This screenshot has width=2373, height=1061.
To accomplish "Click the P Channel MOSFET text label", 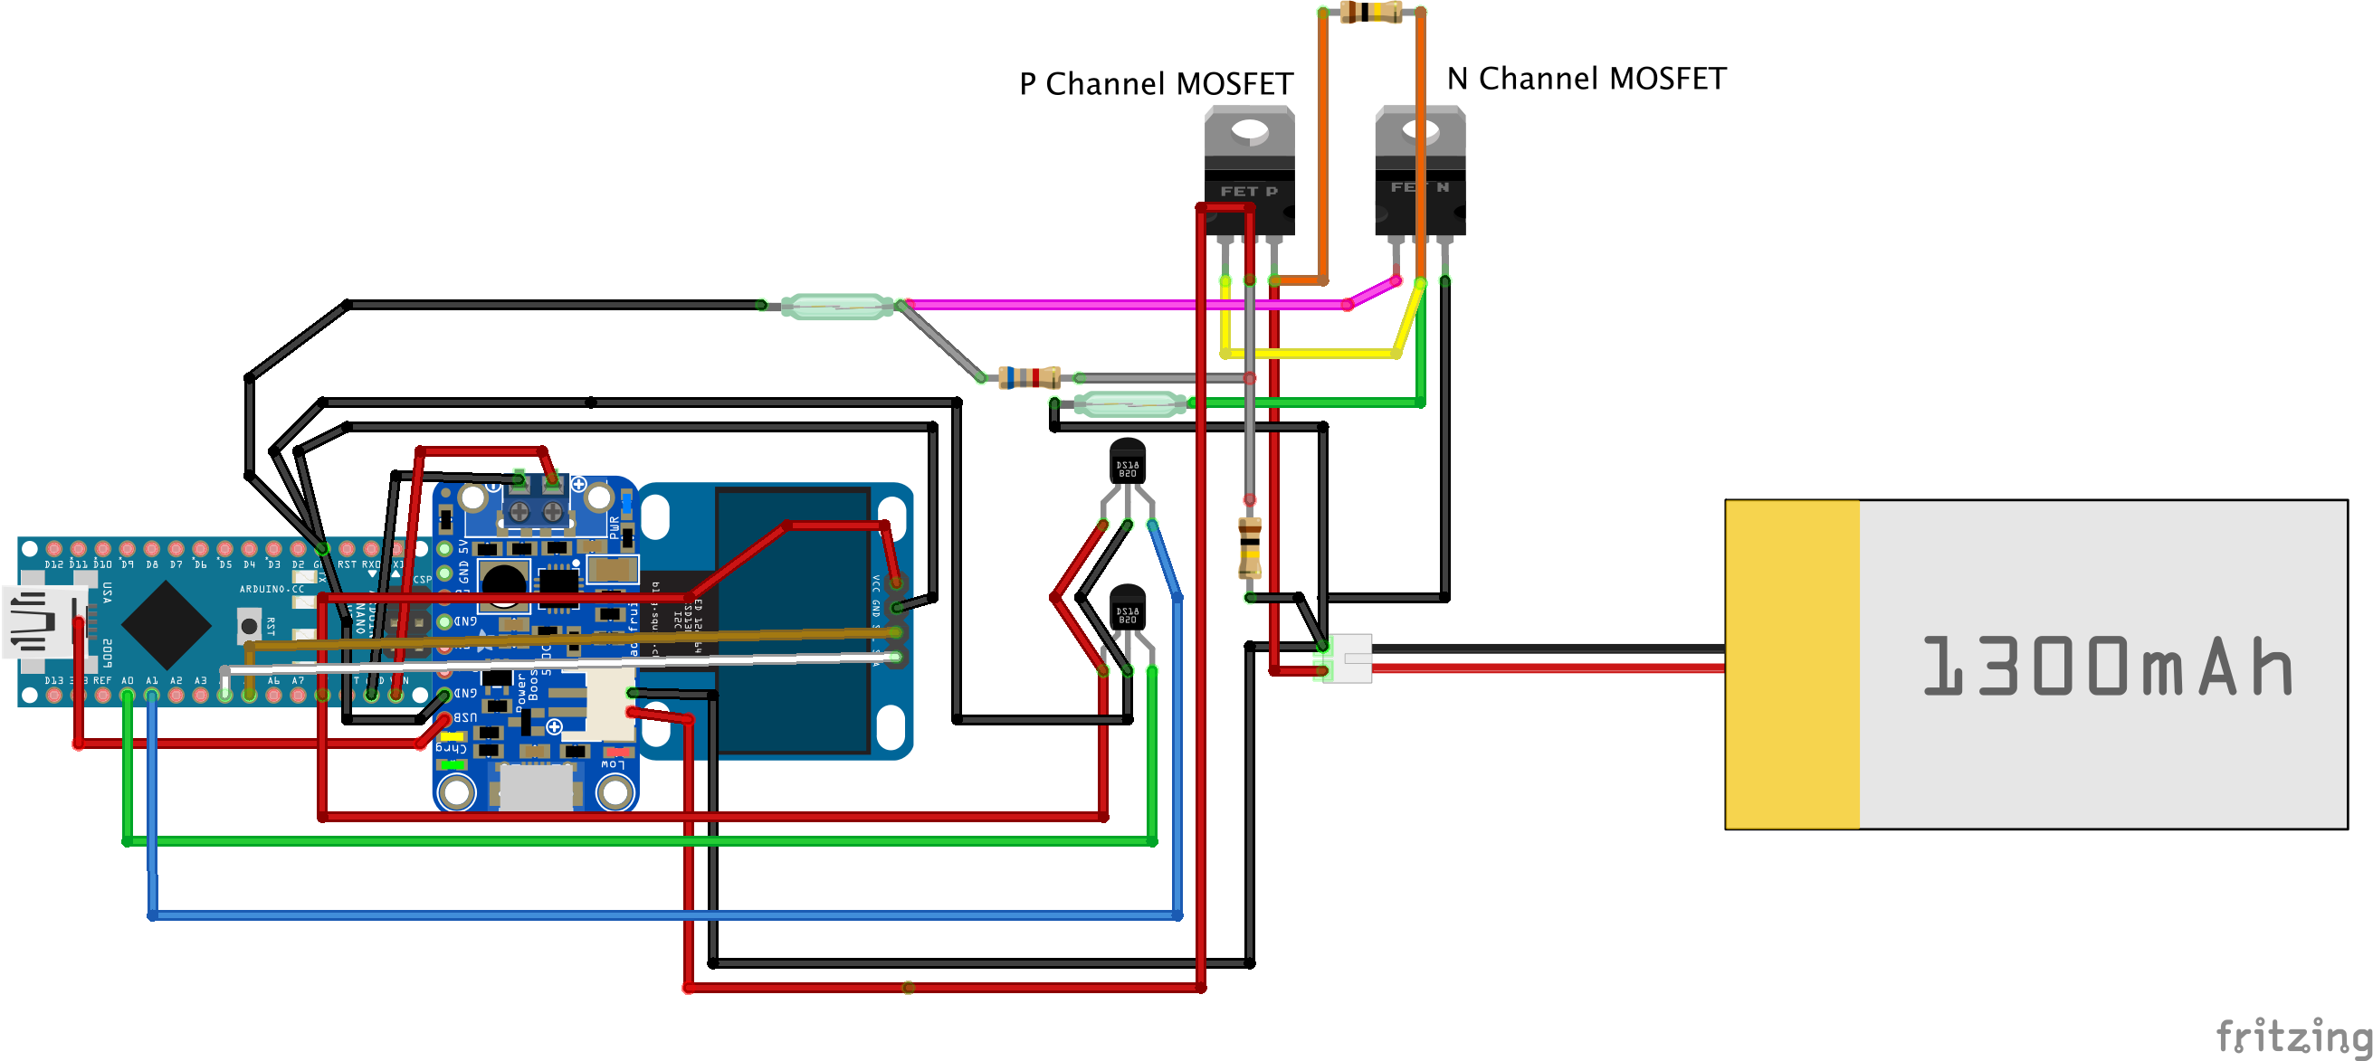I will (x=1155, y=84).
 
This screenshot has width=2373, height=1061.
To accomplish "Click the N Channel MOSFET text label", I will (x=1586, y=80).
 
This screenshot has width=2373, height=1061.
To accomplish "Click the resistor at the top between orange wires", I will (x=1371, y=12).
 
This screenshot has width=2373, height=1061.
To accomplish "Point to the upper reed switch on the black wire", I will (x=836, y=306).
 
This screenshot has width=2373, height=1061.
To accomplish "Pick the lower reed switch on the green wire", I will (x=1130, y=403).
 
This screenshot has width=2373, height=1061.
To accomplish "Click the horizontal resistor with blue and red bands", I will (x=1030, y=377).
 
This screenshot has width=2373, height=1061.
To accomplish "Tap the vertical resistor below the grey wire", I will (x=1249, y=547).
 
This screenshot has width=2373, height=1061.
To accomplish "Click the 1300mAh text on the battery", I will (x=2105, y=666).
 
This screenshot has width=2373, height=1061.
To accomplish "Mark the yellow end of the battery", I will (x=1792, y=664).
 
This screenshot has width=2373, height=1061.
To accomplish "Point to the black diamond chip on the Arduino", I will (x=167, y=624).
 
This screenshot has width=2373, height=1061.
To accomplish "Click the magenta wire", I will (x=1105, y=304).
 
